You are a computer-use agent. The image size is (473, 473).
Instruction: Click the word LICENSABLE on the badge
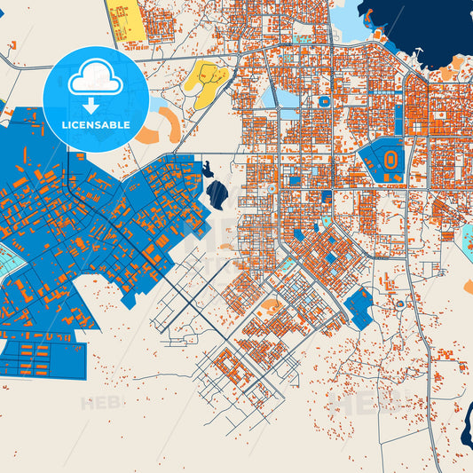coord(97,125)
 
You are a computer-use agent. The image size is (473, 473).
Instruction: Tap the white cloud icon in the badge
coord(96,80)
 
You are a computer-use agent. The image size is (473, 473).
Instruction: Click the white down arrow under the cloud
coord(96,104)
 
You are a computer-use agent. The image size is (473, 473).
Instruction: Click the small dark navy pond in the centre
coord(217,191)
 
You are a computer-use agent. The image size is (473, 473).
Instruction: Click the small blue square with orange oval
coord(325,101)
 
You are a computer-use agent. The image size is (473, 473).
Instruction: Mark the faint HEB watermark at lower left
coord(99,404)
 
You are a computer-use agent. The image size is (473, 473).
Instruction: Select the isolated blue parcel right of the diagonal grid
coord(359,307)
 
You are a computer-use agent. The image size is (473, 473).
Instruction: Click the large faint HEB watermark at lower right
coord(355,404)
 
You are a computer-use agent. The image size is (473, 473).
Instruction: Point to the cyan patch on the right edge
coord(467,235)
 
